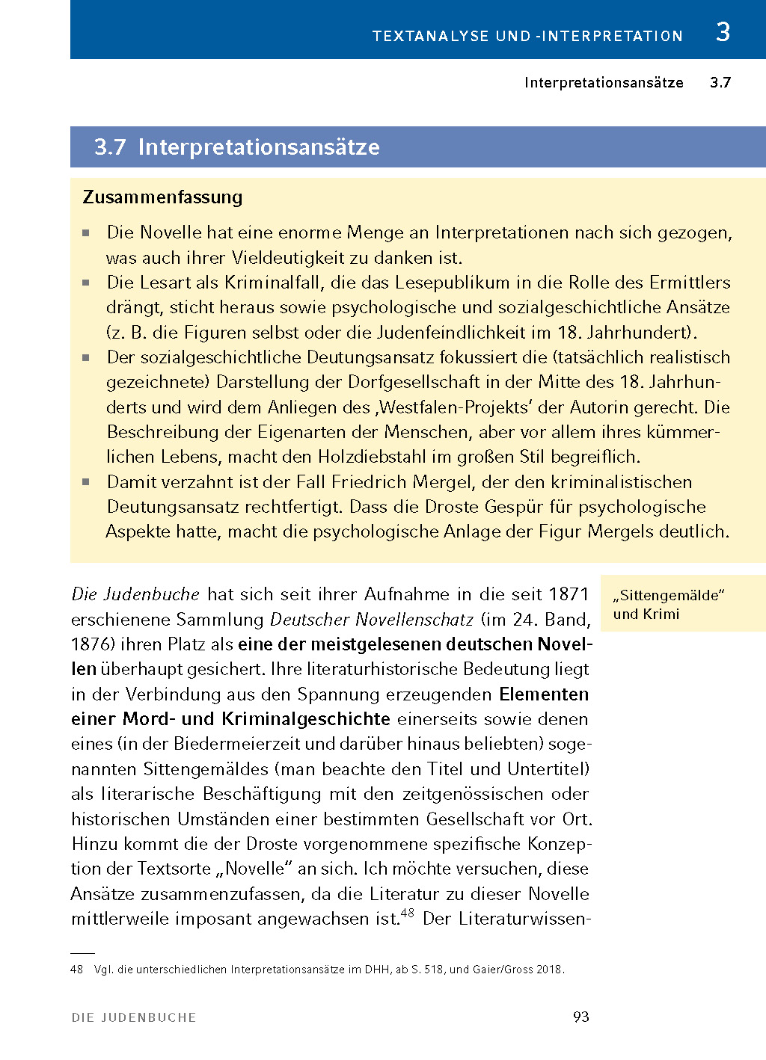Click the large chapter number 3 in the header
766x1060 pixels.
click(722, 32)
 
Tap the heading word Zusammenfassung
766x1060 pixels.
click(163, 197)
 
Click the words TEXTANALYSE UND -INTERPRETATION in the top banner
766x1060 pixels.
click(527, 36)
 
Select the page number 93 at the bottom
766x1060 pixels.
click(580, 1017)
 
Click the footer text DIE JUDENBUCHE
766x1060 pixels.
click(134, 1017)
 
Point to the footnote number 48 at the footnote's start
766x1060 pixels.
click(76, 970)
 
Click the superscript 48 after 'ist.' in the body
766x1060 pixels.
click(407, 913)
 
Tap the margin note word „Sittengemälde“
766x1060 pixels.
click(669, 596)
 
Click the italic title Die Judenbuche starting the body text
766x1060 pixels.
click(135, 594)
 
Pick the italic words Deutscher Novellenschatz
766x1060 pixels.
click(372, 620)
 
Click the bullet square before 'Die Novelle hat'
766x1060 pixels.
click(86, 233)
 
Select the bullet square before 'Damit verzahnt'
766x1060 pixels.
click(86, 482)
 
